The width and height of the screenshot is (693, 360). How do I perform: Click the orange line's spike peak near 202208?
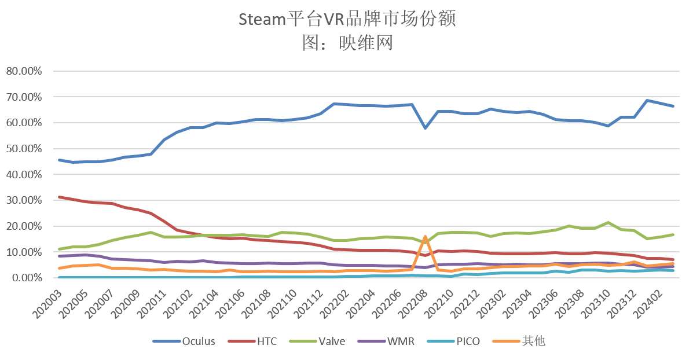pyautogui.click(x=426, y=236)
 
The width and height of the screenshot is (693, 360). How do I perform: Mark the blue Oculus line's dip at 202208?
pyautogui.click(x=426, y=128)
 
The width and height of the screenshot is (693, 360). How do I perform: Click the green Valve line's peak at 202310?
pyautogui.click(x=608, y=222)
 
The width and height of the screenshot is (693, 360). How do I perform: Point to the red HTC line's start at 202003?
pyautogui.click(x=60, y=197)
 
